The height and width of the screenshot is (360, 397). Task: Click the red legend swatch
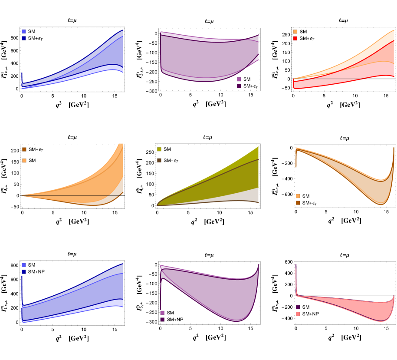(295, 38)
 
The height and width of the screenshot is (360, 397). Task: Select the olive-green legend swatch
(159, 149)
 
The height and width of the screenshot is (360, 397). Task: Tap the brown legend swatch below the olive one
(159, 160)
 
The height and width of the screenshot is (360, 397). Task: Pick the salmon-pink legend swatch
(298, 314)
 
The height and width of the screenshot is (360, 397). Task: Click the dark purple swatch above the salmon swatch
(298, 307)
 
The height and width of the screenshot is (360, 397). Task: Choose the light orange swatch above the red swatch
(295, 32)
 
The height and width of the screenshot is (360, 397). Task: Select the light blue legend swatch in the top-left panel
(23, 32)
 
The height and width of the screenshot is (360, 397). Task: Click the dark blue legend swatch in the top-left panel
(23, 38)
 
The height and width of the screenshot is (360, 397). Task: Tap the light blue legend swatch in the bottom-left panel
(23, 265)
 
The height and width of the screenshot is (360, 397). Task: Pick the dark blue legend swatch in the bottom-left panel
(23, 272)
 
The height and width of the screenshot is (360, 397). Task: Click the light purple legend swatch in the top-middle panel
(239, 79)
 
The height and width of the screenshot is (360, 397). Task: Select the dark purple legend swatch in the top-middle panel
(239, 86)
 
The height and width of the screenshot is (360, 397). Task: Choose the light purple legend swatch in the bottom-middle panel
(162, 313)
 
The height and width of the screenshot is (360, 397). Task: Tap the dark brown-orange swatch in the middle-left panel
(24, 149)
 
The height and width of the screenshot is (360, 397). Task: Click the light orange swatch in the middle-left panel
(24, 161)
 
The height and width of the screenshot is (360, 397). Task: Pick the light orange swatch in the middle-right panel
(298, 196)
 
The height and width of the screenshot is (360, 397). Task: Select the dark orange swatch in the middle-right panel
(298, 203)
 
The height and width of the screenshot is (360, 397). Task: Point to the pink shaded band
(373, 310)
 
